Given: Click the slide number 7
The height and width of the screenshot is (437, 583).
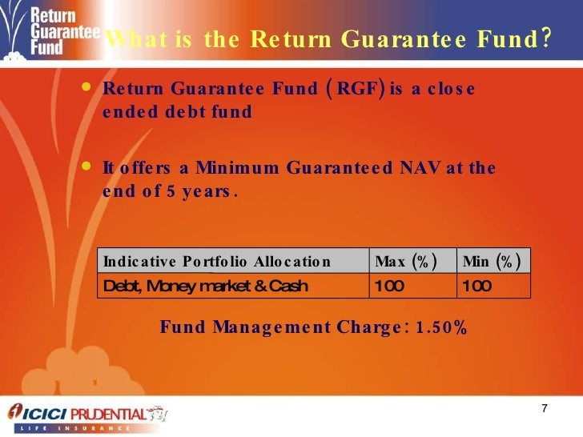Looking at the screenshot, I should tap(545, 410).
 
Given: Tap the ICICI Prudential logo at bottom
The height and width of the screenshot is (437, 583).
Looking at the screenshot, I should tap(88, 415).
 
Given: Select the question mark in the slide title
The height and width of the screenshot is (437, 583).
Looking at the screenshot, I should tap(545, 38).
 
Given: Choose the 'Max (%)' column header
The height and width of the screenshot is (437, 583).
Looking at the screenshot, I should tap(405, 262).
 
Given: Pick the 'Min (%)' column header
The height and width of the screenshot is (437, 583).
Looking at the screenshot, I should tap(491, 262).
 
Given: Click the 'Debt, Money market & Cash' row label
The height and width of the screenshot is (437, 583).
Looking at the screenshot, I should tap(205, 286).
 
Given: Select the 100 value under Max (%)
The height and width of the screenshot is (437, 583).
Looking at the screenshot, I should tap(389, 286).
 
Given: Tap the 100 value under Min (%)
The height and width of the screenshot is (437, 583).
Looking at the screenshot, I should tap(476, 286).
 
